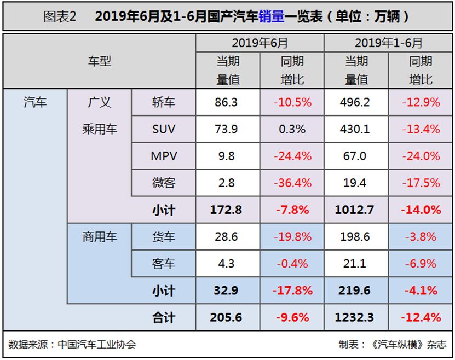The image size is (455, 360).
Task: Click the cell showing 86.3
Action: coord(226,102)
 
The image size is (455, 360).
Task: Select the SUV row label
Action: coord(164,129)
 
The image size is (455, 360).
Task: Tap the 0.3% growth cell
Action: coord(292,129)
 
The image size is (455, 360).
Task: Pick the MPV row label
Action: coord(164,156)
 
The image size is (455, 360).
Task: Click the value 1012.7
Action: coord(356,210)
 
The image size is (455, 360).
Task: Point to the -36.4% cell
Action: coord(292,183)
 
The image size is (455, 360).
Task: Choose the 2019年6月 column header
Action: coord(260,43)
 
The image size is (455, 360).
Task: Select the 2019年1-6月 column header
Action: coord(389,43)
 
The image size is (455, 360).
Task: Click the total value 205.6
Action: coord(226,317)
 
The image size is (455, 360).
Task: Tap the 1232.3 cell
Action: coord(356,317)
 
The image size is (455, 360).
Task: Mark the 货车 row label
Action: coord(164,237)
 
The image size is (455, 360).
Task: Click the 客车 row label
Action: coord(164,264)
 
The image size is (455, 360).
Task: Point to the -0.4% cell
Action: coord(292,264)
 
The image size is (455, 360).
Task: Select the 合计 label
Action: coord(164,317)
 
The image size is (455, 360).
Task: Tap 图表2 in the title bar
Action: coord(60,16)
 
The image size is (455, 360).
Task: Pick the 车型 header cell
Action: coord(99,61)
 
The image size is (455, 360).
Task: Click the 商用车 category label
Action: coord(99,237)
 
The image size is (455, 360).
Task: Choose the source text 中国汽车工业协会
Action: coord(97,345)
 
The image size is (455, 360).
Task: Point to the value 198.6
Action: coord(356,237)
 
